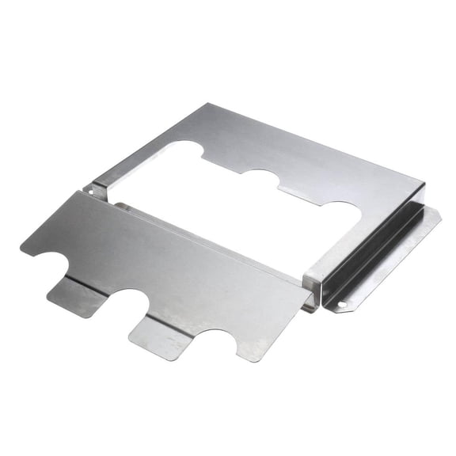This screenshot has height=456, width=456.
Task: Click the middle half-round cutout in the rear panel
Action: (x=260, y=179)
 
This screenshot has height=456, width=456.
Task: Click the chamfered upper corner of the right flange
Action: (x=434, y=212)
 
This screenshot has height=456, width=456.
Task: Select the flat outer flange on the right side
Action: (x=388, y=261)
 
